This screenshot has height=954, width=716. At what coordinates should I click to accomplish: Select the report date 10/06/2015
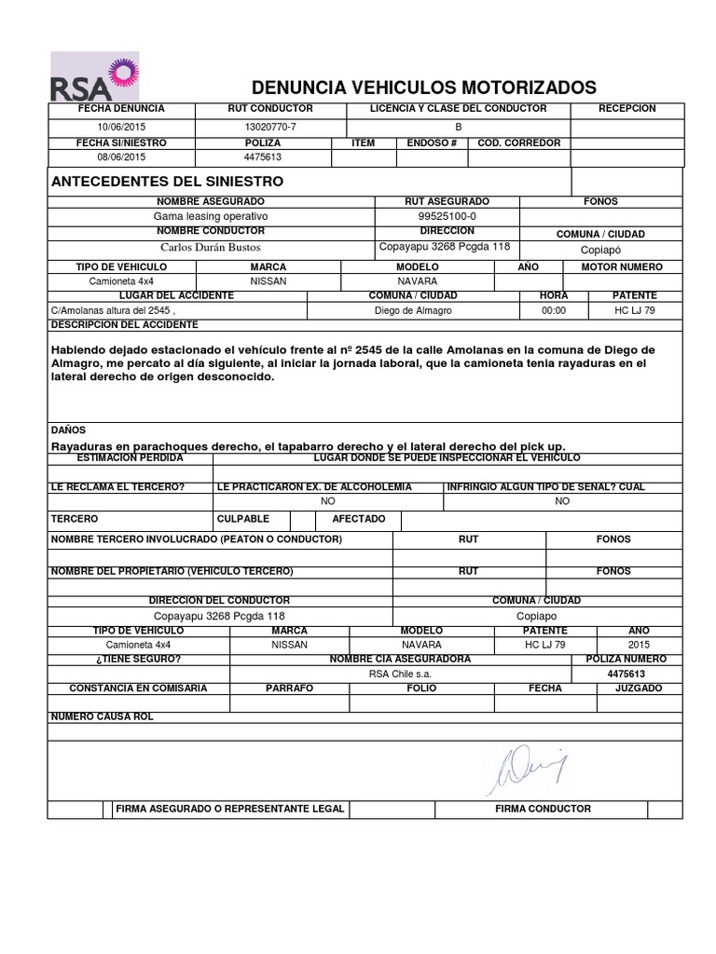(121, 126)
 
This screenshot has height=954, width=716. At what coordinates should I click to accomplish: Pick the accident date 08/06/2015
(121, 157)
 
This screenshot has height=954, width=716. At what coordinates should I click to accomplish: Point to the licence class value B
(458, 126)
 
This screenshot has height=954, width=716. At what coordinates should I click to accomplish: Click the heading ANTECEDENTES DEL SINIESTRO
(167, 181)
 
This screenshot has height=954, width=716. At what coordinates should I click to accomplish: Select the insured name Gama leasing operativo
(211, 215)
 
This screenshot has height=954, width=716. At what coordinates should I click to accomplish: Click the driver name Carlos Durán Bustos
(211, 247)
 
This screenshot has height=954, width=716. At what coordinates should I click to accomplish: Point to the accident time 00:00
(554, 310)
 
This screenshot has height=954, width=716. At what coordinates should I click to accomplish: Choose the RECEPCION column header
(626, 109)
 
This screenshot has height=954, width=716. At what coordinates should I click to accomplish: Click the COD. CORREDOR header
(518, 143)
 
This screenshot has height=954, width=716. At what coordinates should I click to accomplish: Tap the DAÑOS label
(68, 430)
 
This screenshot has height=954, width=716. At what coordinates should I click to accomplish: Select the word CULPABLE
(243, 518)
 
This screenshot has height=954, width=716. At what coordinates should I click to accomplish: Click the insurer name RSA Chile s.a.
(400, 674)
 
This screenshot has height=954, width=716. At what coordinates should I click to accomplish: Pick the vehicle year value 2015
(640, 644)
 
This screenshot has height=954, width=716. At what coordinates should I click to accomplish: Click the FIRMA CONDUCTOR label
(543, 809)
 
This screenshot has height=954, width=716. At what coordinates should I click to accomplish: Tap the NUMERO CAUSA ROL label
(102, 716)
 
